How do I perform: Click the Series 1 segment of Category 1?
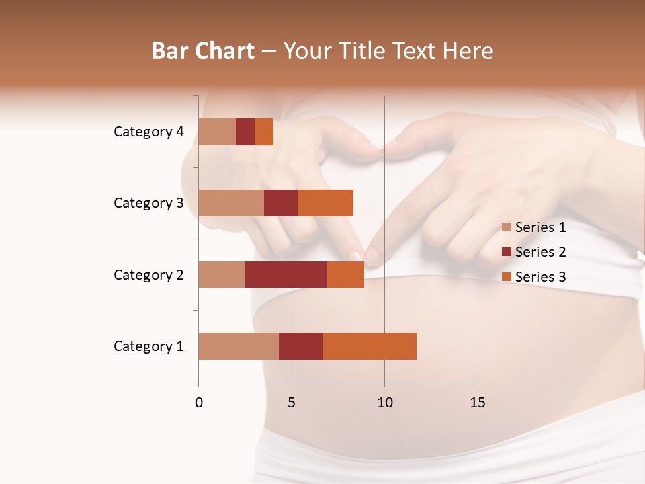(239, 346)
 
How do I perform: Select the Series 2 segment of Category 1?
(301, 346)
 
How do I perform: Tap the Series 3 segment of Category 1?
(370, 346)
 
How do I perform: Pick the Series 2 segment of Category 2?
(286, 274)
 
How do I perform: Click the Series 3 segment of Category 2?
(345, 274)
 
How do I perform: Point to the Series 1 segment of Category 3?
(231, 203)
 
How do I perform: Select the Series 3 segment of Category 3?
(325, 203)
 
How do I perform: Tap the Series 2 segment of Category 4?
(245, 132)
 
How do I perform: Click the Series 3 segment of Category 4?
(264, 132)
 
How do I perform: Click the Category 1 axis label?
(148, 346)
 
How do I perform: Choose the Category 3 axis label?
(148, 203)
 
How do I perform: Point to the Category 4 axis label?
(148, 132)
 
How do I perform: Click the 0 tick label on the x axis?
(199, 403)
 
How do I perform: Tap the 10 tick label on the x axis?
(384, 403)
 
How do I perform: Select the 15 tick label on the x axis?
(478, 403)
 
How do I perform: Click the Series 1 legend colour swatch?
(507, 227)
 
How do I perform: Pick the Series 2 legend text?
(540, 252)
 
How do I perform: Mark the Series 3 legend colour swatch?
(507, 277)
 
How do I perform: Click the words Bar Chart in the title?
(203, 51)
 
